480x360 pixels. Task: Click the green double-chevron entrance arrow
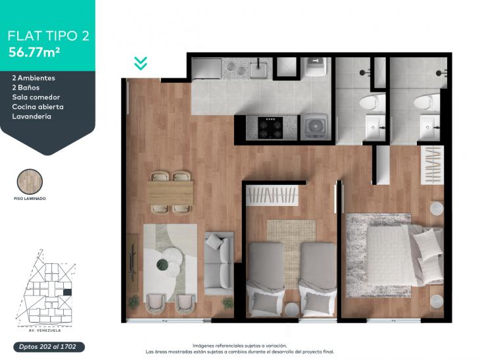[x=141, y=63]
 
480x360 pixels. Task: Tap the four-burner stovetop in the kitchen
[x=270, y=128]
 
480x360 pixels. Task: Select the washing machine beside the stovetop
[x=316, y=126]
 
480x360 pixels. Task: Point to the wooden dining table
[x=170, y=192]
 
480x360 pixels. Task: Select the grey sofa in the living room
[x=219, y=263]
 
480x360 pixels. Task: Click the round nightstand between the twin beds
[x=292, y=309]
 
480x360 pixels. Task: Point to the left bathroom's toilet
[x=372, y=102]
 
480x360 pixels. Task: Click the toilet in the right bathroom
[x=427, y=102]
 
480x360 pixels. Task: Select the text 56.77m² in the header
[x=34, y=52]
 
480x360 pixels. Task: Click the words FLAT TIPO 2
[x=49, y=36]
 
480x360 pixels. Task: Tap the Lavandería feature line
[x=32, y=116]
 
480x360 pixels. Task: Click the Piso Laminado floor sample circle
[x=30, y=182]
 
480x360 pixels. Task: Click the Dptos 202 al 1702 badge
[x=49, y=347]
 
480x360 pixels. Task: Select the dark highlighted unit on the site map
[x=67, y=293]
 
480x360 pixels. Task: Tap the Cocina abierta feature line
[x=38, y=107]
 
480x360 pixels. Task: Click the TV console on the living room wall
[x=132, y=263]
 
